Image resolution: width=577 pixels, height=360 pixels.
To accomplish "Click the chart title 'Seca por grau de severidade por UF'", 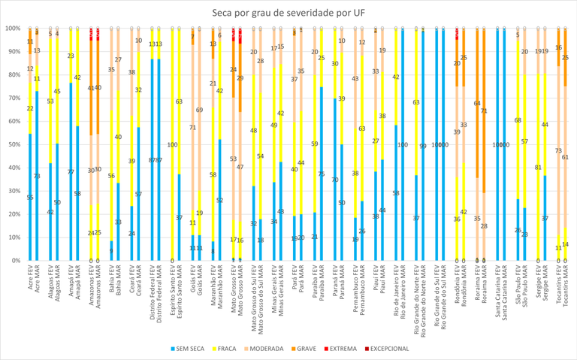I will point(288,12).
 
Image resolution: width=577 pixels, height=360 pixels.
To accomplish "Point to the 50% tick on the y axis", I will point(13,144).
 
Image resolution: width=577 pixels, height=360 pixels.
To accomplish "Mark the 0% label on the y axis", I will point(14,260).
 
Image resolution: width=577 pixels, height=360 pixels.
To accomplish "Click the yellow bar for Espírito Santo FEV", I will point(172,144).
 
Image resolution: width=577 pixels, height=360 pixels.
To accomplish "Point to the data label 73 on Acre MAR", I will point(37,176).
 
